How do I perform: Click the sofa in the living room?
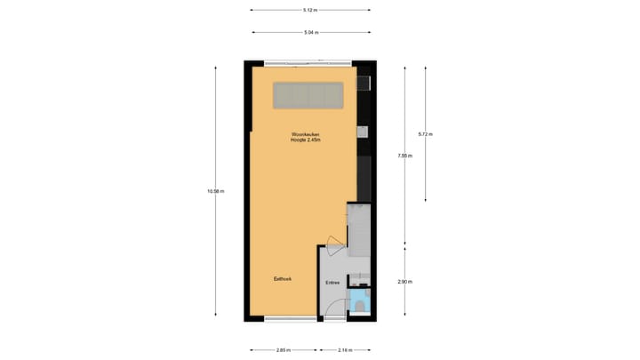point(308,94)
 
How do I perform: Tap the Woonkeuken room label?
point(305,134)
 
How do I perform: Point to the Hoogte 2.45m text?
point(305,140)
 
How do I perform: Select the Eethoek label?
point(283,279)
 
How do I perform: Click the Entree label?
point(332,283)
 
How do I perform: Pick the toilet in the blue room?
point(359,304)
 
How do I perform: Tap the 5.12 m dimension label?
point(309,10)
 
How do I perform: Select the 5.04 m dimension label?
point(309,32)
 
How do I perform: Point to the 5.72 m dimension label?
point(425,134)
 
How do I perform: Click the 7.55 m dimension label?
point(404,156)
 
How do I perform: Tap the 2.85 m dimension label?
point(284,349)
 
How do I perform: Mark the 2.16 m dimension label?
point(345,349)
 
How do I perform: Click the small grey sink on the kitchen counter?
point(362,132)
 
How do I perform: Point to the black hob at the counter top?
point(363,84)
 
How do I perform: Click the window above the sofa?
point(308,63)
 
